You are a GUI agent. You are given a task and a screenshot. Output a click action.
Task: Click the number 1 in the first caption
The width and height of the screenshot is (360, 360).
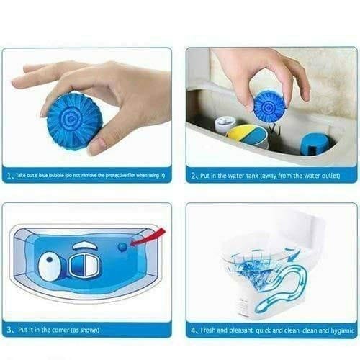pyautogui.click(x=8, y=175)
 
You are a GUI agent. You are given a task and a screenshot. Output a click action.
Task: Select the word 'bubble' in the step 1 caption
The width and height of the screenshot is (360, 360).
pyautogui.click(x=55, y=175)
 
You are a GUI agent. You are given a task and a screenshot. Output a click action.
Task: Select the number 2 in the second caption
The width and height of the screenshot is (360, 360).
pyautogui.click(x=194, y=175)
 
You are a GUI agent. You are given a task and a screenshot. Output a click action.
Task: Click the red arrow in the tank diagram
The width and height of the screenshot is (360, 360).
pyautogui.click(x=150, y=236)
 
